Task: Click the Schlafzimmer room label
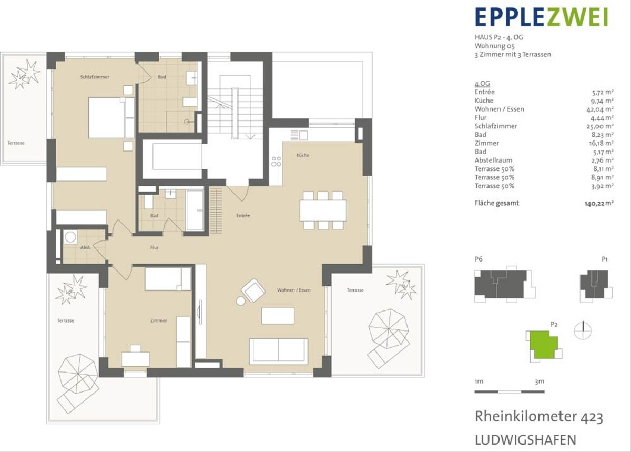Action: tap(95, 77)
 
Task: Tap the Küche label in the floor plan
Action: tap(303, 155)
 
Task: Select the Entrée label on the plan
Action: tap(243, 215)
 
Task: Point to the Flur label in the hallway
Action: tap(155, 247)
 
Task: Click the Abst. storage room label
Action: tap(86, 247)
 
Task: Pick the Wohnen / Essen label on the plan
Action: tap(294, 290)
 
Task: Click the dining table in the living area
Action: tap(323, 210)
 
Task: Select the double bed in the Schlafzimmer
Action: tap(111, 118)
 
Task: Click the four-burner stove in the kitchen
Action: tap(276, 162)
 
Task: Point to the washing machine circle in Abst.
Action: tap(70, 237)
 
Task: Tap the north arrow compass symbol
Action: tap(583, 330)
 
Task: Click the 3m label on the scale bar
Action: tap(540, 381)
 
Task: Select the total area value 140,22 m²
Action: tap(599, 203)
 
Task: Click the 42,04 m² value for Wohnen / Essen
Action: tap(600, 109)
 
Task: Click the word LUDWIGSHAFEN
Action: tap(526, 440)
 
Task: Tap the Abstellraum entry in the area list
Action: tap(493, 160)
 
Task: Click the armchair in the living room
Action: tap(253, 290)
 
